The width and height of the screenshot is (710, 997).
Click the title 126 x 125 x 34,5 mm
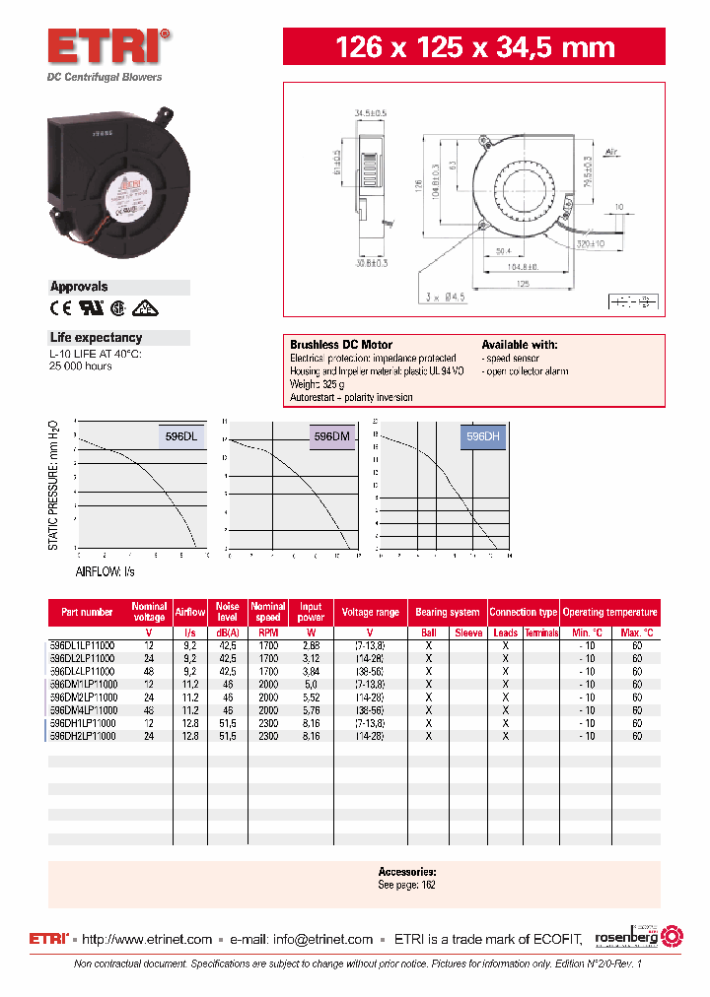click(x=475, y=47)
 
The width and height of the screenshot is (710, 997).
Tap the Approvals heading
click(x=79, y=287)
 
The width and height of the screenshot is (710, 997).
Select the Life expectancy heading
click(x=96, y=338)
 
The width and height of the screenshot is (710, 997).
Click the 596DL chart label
click(x=181, y=434)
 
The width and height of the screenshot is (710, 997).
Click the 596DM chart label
click(x=332, y=434)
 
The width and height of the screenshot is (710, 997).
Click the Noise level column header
click(x=228, y=612)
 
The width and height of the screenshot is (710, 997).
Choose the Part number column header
click(x=87, y=612)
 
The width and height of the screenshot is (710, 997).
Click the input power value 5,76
click(x=312, y=709)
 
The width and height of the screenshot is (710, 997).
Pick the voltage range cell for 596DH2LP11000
click(x=371, y=735)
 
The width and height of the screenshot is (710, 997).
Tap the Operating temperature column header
click(x=609, y=612)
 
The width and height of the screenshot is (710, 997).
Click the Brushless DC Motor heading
click(x=341, y=345)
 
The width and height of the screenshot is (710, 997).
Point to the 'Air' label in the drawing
click(x=611, y=153)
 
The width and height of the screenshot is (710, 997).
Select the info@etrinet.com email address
click(x=323, y=939)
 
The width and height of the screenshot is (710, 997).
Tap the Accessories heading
click(x=406, y=872)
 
